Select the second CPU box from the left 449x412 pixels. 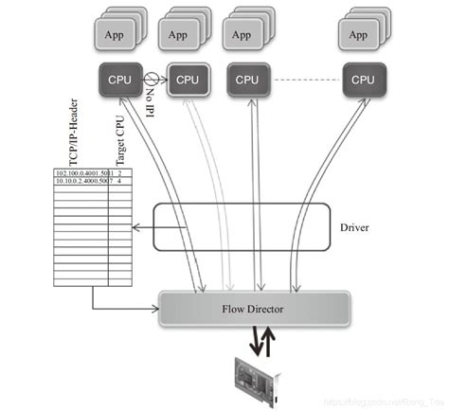(187, 80)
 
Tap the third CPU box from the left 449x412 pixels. (248, 80)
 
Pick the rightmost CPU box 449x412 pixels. (363, 80)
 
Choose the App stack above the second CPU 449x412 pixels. (180, 35)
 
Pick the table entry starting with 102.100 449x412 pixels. (81, 174)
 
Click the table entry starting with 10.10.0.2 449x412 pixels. (81, 182)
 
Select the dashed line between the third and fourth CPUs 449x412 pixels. (305, 80)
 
